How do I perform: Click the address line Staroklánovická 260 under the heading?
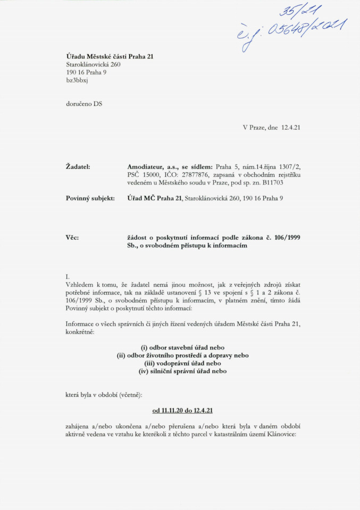89,64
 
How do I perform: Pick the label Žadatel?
77,167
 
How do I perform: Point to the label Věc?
72,237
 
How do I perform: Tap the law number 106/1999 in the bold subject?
286,237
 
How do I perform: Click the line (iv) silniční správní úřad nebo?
182,371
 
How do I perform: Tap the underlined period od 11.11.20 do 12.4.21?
183,411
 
